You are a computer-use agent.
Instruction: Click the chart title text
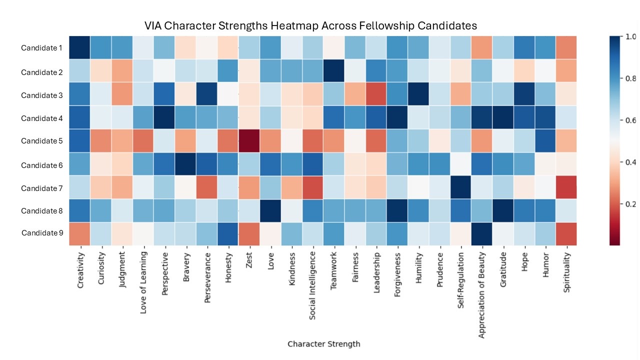pyautogui.click(x=310, y=25)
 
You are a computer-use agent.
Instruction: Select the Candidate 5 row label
pyautogui.click(x=41, y=141)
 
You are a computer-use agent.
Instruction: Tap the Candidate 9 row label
pyautogui.click(x=41, y=233)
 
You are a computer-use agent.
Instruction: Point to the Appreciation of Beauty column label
pyautogui.click(x=482, y=294)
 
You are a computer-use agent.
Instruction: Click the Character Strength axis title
pyautogui.click(x=323, y=344)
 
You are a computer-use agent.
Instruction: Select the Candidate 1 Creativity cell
pyautogui.click(x=79, y=48)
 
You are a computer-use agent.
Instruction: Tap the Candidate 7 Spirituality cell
pyautogui.click(x=566, y=188)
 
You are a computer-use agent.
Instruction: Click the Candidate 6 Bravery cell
pyautogui.click(x=186, y=164)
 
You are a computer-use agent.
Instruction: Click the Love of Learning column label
pyautogui.click(x=143, y=284)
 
